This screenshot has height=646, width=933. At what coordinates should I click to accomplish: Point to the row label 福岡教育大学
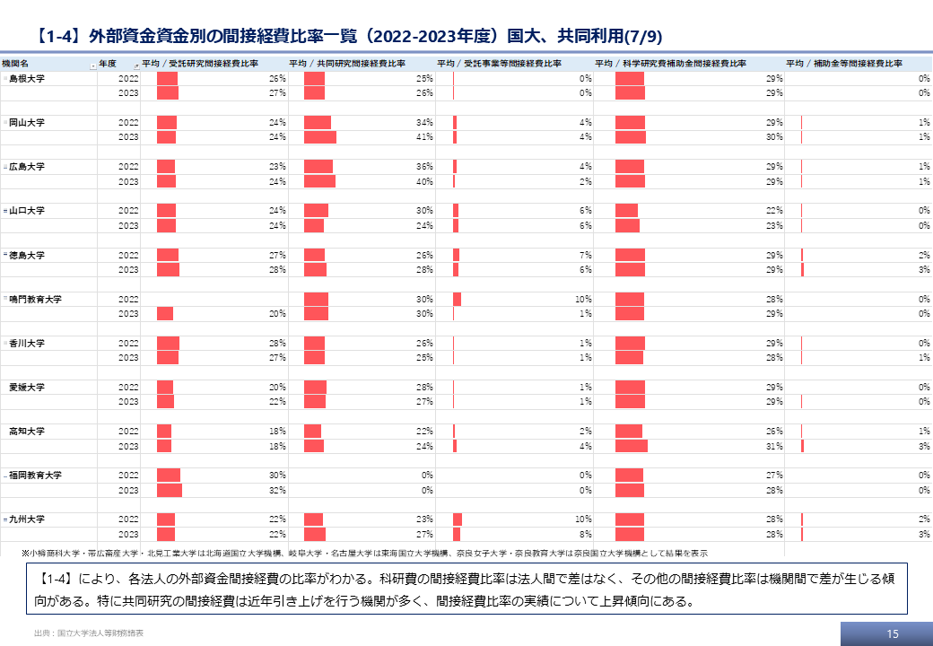(36, 475)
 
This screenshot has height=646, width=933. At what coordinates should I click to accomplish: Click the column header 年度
(108, 65)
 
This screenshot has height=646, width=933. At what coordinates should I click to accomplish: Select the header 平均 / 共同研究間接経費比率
(346, 65)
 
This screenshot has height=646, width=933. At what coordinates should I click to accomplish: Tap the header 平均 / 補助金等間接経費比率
(844, 65)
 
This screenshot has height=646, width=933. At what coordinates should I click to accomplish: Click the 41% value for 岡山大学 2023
(424, 137)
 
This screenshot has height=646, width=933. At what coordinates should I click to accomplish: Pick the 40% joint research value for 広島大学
(424, 181)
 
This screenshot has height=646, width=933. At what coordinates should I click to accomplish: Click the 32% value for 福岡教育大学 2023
(277, 491)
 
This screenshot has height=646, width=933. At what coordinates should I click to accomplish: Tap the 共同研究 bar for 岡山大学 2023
(320, 137)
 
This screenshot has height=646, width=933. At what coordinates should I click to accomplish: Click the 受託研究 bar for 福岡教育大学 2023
(170, 491)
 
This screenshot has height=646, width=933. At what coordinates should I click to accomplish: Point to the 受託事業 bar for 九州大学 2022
(458, 519)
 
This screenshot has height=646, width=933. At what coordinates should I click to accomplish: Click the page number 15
(892, 633)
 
